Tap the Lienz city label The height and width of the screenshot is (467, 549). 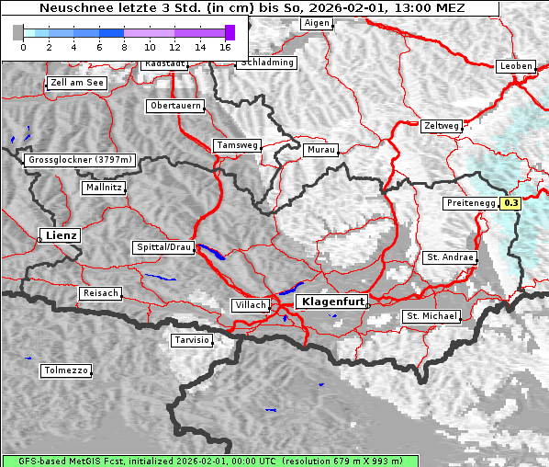pos(60,235)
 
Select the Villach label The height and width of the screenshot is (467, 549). pos(250,304)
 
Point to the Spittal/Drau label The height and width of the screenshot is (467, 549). pos(163,247)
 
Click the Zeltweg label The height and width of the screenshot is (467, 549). pos(442,125)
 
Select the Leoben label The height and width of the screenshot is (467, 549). pos(515,66)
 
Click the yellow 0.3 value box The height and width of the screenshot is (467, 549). pos(510,203)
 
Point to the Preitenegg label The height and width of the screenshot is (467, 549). pos(471,203)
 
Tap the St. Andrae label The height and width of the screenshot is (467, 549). pos(450,257)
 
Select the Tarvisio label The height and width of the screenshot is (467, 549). pos(192,340)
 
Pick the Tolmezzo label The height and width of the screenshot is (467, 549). pos(66,370)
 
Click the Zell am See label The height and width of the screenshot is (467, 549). pos(77,83)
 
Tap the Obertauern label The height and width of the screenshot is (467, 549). pos(174,106)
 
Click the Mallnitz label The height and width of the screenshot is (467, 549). pos(103,187)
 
